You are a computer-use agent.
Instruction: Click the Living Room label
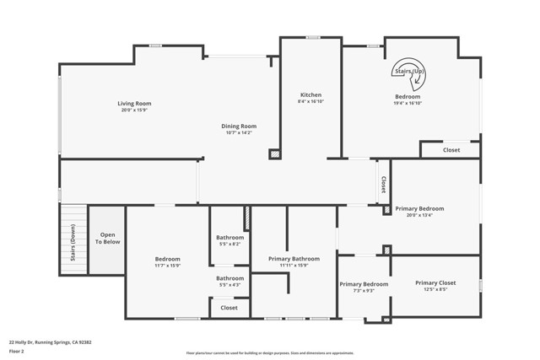coord(134,104)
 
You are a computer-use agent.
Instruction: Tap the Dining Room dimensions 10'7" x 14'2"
coord(239,133)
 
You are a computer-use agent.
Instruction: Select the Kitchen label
coord(310,94)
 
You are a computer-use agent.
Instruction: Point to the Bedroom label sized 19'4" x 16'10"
coord(408,97)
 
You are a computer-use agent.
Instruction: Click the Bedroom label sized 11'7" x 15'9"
coord(168,259)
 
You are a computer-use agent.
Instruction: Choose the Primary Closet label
coord(435,283)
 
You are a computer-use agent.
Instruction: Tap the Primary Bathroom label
coord(294,259)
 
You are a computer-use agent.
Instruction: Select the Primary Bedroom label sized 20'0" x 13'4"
coord(419,208)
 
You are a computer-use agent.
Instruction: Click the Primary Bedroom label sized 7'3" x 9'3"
coord(364,284)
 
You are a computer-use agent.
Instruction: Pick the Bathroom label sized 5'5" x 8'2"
coord(229,238)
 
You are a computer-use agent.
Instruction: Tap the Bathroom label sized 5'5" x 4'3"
coord(229,278)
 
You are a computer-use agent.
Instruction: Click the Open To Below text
coord(108,239)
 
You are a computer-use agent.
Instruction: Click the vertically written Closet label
coord(383,185)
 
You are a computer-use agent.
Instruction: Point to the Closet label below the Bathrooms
coord(229,308)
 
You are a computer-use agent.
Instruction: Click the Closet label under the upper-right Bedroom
coord(451,150)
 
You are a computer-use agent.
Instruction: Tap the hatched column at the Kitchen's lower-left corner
coord(273,154)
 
